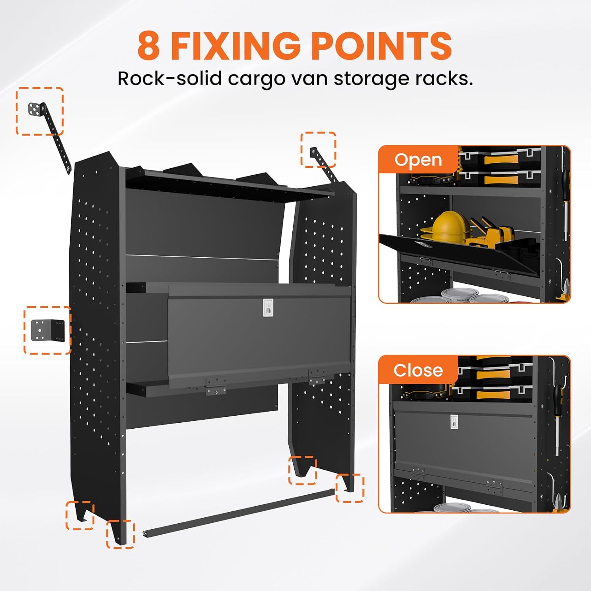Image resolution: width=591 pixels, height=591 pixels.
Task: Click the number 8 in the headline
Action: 149,46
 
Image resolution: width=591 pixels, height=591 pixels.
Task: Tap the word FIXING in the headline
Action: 235,46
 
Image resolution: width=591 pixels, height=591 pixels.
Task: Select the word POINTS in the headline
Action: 381,46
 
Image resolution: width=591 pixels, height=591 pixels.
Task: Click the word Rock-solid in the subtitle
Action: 169,78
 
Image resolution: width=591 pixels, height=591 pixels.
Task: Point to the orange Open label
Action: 418,160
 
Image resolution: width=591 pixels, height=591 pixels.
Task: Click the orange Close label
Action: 418,370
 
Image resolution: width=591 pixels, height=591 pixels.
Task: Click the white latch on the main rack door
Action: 268,307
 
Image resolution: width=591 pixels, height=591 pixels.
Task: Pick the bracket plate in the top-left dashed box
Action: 36,109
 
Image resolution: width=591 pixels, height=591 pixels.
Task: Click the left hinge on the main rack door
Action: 216,385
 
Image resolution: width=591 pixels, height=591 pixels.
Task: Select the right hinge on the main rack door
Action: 317,376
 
